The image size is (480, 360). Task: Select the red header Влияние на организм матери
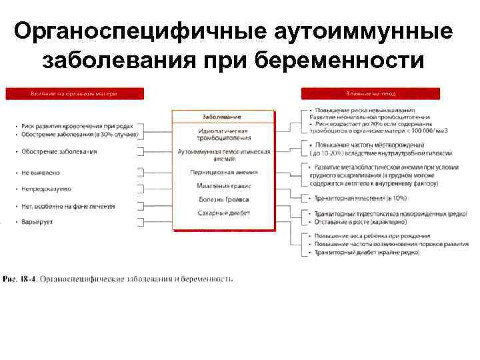(x=73, y=94)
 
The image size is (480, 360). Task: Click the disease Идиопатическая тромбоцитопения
(x=223, y=135)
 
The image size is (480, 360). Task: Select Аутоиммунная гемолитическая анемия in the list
(x=223, y=155)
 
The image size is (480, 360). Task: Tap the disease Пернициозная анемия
(x=223, y=172)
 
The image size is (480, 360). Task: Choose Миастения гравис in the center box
(x=223, y=185)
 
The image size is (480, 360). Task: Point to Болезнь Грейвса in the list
(x=223, y=199)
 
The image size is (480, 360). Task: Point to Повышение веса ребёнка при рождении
(x=373, y=236)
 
